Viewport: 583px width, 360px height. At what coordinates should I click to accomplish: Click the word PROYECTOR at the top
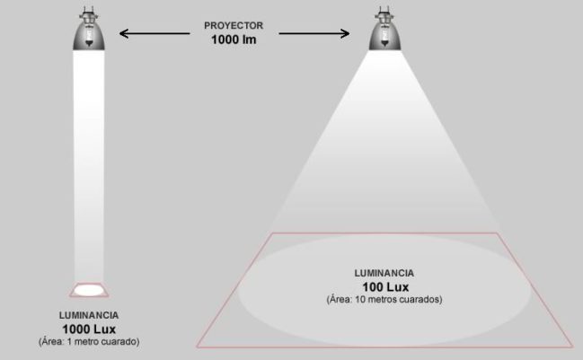(233, 26)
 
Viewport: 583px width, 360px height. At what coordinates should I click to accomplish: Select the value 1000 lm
(233, 40)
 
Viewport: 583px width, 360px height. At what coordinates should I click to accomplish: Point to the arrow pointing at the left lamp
(154, 34)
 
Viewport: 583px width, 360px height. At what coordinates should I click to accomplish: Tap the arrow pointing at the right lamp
(314, 34)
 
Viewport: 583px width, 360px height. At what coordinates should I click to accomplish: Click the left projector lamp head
(89, 35)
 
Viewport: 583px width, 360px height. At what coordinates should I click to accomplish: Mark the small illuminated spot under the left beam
(89, 289)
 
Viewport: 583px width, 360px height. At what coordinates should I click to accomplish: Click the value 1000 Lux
(89, 329)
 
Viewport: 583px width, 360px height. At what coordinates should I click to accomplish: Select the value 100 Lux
(384, 285)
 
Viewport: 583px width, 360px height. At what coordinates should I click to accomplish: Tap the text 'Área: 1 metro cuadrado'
(89, 342)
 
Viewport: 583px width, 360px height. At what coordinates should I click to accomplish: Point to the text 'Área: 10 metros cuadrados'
(384, 298)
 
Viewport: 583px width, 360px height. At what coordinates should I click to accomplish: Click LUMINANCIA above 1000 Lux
(89, 316)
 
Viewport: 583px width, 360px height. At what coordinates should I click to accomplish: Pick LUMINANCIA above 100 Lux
(384, 271)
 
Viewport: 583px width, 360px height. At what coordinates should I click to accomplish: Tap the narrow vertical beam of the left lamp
(89, 162)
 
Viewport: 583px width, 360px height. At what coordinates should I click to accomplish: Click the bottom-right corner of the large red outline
(572, 346)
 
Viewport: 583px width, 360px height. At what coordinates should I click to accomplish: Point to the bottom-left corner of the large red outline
(198, 346)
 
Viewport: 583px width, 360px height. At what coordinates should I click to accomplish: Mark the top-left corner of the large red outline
(270, 233)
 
